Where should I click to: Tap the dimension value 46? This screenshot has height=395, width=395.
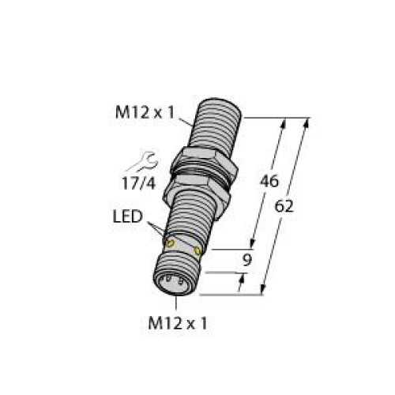coord(270,180)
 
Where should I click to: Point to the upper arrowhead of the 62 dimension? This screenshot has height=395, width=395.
coord(304,123)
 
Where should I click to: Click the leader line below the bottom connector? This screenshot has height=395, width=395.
coord(182,303)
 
